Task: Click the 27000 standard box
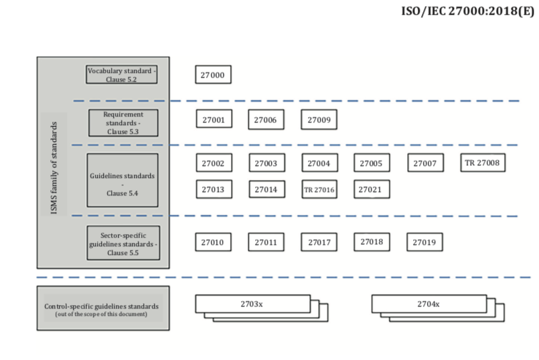(x=213, y=75)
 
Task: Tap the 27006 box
(x=265, y=120)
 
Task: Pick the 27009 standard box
(x=318, y=120)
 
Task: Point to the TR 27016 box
(x=319, y=190)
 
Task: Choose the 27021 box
(x=370, y=189)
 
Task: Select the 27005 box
(x=370, y=163)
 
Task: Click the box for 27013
(x=214, y=189)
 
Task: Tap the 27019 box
(x=424, y=242)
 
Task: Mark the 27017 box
(x=319, y=242)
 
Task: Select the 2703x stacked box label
(x=252, y=304)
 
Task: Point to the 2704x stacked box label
(x=429, y=304)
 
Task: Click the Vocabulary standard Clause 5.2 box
(x=121, y=74)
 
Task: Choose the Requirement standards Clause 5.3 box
(x=123, y=123)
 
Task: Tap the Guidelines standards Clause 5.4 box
(x=123, y=180)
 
